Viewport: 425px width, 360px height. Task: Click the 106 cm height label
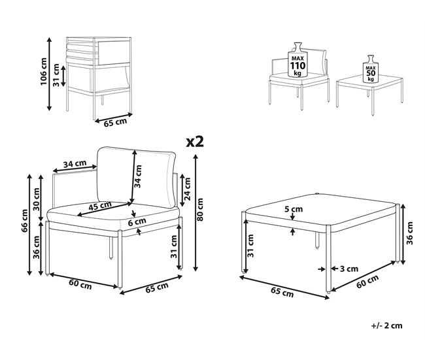pos(43,71)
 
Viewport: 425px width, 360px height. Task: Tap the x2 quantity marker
pos(195,142)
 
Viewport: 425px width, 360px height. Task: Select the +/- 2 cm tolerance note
pos(387,325)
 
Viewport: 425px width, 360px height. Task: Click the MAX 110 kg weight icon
pos(297,60)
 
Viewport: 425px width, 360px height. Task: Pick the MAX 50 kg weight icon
pos(371,69)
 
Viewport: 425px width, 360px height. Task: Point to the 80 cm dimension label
pos(200,209)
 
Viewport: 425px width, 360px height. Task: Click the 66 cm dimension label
pos(25,220)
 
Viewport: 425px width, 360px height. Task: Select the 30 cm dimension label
pos(37,199)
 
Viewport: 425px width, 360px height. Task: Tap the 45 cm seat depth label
pos(100,206)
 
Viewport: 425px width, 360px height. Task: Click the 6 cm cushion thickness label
pos(137,222)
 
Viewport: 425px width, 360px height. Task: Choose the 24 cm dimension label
pos(187,189)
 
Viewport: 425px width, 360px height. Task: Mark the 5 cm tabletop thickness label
pos(294,209)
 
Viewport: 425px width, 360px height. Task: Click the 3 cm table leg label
pos(349,269)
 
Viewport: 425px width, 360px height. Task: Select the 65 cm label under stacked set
pos(116,122)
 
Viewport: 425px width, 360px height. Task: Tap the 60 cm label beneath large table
pos(367,282)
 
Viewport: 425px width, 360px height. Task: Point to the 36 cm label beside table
pos(410,233)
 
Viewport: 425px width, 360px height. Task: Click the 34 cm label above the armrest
pos(75,164)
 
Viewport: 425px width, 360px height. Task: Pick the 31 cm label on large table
pos(250,246)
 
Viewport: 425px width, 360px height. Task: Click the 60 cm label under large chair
pos(80,284)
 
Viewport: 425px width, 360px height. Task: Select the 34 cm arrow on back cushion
pos(133,177)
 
